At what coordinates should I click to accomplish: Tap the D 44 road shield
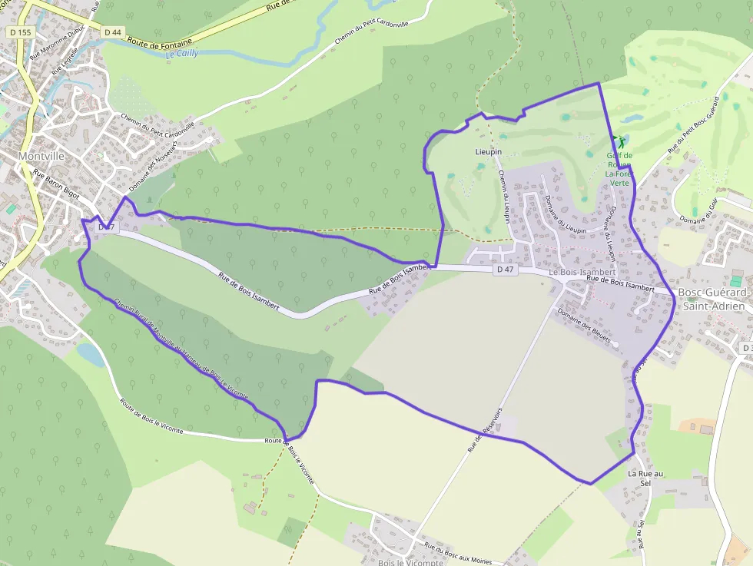coord(112,32)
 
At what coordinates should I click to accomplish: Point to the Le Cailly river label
coord(182,54)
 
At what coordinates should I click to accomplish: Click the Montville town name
coord(41,156)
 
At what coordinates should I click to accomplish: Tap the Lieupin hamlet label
coord(488,152)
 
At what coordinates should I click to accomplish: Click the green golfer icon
coord(619,142)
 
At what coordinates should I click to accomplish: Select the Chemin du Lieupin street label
coord(505,197)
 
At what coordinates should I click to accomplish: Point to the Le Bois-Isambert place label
coord(582,273)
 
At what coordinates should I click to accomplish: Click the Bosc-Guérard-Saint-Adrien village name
coord(712,300)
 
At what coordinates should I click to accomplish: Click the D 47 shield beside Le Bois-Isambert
coord(505,270)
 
